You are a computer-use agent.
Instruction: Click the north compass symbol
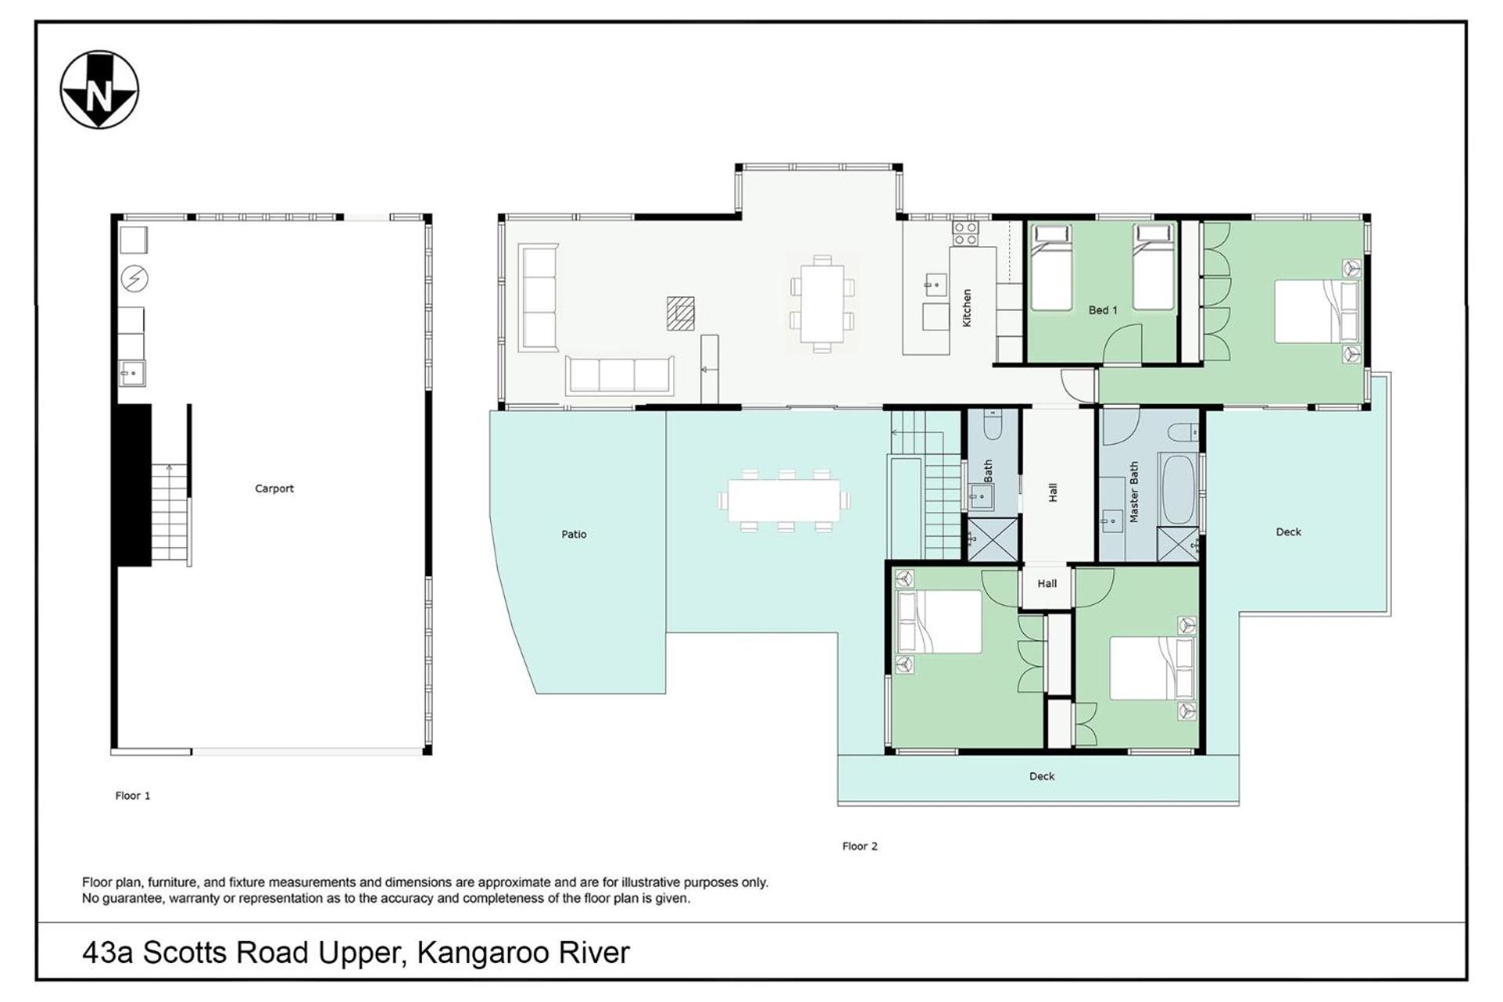tap(99, 90)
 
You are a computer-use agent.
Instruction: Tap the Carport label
tap(274, 488)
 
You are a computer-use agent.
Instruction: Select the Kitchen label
tap(967, 308)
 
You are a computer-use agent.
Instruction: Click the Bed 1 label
tap(1102, 310)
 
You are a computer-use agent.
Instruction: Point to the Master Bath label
tap(1134, 492)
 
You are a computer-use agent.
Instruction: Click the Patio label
tap(574, 535)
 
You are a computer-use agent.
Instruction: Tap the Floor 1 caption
tap(132, 795)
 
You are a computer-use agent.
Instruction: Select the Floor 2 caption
tap(860, 846)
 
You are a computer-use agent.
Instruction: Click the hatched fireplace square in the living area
tap(680, 313)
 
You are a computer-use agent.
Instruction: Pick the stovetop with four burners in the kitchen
tap(964, 233)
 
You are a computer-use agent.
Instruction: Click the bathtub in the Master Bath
tap(1177, 489)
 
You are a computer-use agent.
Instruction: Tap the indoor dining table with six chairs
tap(822, 304)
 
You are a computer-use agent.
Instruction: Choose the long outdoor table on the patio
tap(784, 501)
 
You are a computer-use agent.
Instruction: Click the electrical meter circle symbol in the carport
tap(135, 278)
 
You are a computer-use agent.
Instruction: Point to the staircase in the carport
tap(170, 514)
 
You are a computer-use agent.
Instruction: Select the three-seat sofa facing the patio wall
tap(620, 374)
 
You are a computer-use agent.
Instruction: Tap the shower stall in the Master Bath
tap(1178, 544)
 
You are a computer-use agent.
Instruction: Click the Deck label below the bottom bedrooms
tap(1042, 777)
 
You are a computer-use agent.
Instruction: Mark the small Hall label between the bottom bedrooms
tap(1047, 583)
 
